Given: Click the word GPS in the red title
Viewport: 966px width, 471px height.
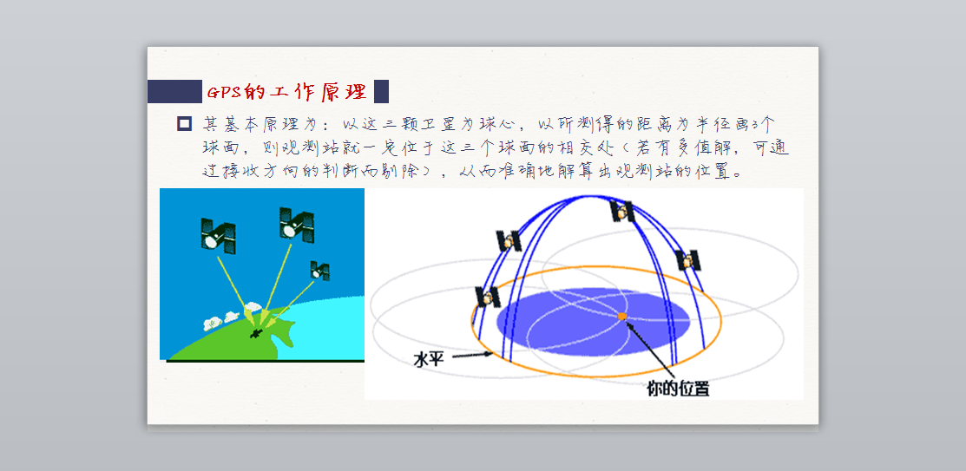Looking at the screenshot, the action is coord(225,92).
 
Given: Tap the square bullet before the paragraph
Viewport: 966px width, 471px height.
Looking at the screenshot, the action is coord(184,124).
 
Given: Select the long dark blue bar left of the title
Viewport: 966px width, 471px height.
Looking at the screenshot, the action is coord(174,91).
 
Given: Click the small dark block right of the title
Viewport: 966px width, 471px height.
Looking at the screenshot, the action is coord(381,91).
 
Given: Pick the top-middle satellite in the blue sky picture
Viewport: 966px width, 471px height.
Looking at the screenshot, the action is coord(296,224).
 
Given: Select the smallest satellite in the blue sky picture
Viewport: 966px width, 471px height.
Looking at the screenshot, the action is coord(319,271).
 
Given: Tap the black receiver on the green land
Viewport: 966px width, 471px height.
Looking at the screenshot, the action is coord(256,332).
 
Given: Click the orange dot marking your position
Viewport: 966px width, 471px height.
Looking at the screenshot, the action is coord(622,316).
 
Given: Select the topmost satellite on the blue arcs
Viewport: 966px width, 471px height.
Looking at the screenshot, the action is coord(622,211).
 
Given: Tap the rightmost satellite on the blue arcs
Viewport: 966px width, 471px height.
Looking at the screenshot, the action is coord(687,260).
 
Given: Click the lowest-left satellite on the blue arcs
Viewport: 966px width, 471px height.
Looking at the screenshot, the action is coord(488,298).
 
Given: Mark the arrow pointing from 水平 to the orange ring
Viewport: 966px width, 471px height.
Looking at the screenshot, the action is coord(470,355).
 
